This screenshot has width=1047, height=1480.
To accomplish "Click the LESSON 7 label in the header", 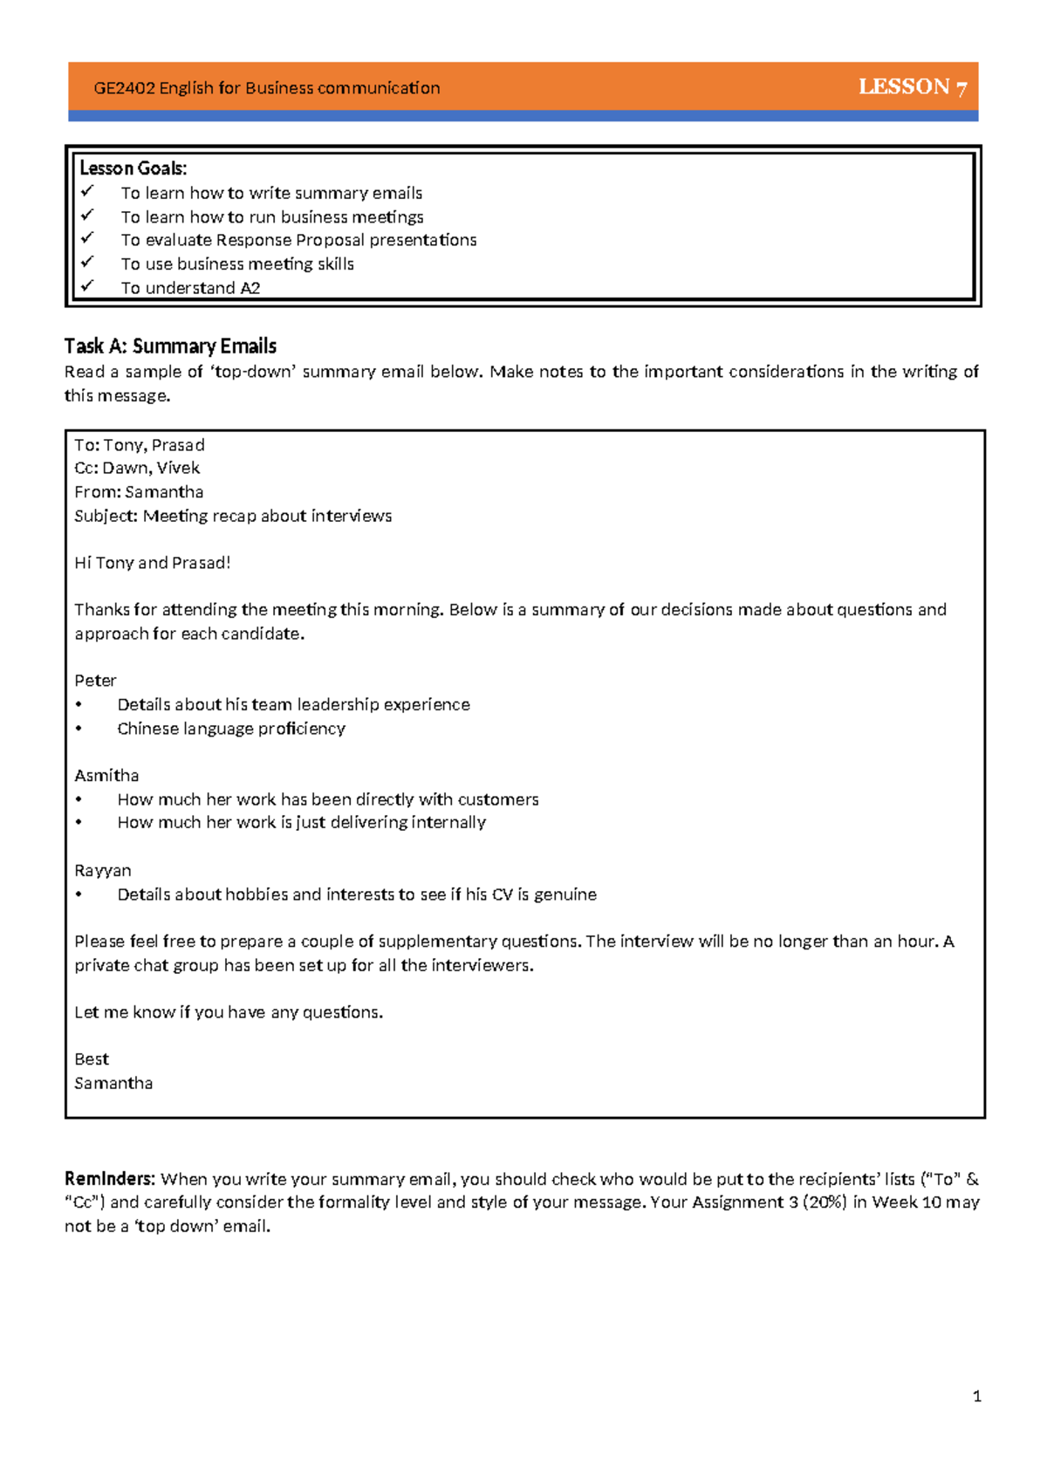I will pyautogui.click(x=912, y=86).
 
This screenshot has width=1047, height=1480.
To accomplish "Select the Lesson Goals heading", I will pyautogui.click(x=133, y=168).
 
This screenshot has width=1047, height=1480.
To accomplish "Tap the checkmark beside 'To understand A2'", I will pyautogui.click(x=87, y=285).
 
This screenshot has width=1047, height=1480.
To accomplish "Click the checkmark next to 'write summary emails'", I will pyautogui.click(x=87, y=190).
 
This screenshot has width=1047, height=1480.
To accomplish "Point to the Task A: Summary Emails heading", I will pyautogui.click(x=170, y=346).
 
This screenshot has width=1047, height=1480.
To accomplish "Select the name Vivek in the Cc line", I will pyautogui.click(x=178, y=469).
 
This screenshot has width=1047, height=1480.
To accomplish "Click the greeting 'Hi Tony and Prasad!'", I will pyautogui.click(x=152, y=563).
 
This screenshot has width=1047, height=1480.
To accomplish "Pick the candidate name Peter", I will pyautogui.click(x=95, y=681).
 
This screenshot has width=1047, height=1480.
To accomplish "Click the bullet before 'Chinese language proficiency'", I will pyautogui.click(x=79, y=729).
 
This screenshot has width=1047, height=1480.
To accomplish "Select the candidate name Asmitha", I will pyautogui.click(x=106, y=776).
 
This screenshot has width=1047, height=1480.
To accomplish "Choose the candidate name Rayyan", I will pyautogui.click(x=103, y=871).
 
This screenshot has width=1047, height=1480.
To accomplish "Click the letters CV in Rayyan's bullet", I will pyautogui.click(x=502, y=894).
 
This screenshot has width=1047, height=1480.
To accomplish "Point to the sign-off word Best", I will pyautogui.click(x=92, y=1059).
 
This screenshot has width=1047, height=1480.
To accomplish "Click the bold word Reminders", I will pyautogui.click(x=110, y=1179).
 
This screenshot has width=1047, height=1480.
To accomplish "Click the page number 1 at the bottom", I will pyautogui.click(x=976, y=1396).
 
